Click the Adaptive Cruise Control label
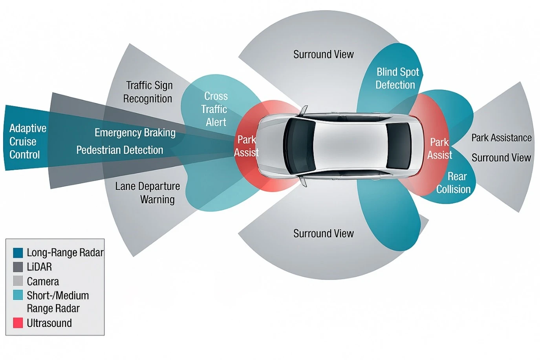[27, 141]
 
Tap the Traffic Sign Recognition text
[148, 92]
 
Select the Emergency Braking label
[135, 133]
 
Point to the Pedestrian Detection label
[119, 150]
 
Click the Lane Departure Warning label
[148, 193]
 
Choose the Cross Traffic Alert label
[215, 109]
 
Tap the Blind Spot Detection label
[397, 78]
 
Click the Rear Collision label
[454, 183]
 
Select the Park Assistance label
[501, 138]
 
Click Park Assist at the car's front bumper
[246, 146]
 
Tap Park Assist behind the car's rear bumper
[439, 148]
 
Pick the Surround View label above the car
[323, 54]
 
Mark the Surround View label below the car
[323, 234]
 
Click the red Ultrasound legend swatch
[18, 323]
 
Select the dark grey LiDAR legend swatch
[18, 267]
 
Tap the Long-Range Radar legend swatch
[18, 252]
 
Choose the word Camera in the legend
[43, 281]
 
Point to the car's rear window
[398, 146]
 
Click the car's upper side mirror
[304, 111]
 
